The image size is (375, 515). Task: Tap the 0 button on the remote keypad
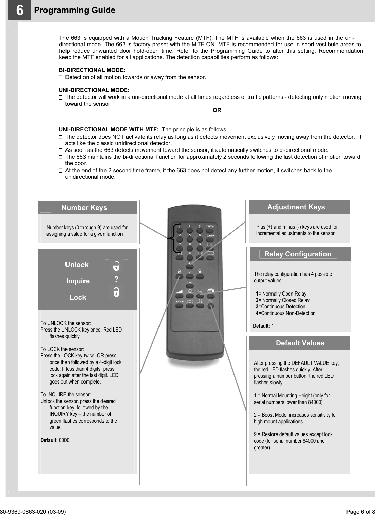click(190, 257)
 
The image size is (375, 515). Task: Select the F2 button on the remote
click(200, 257)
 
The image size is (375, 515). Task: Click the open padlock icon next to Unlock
click(116, 266)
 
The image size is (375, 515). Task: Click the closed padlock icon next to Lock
click(116, 292)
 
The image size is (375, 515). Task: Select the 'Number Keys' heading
click(84, 208)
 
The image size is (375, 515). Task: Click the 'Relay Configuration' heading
click(298, 254)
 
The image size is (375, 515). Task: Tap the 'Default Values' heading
click(300, 343)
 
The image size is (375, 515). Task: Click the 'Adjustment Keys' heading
click(296, 207)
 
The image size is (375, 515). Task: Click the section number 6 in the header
click(20, 10)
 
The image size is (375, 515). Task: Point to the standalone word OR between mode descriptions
click(217, 110)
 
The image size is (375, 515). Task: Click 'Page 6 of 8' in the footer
click(360, 512)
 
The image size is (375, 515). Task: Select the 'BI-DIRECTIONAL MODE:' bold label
click(92, 70)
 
